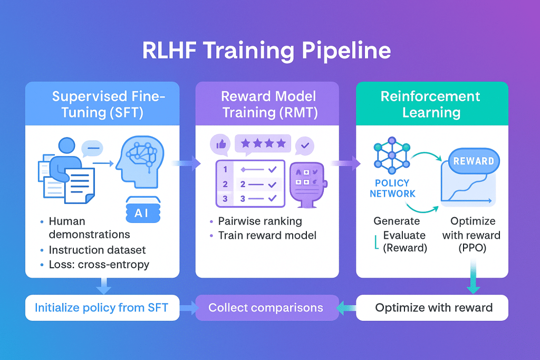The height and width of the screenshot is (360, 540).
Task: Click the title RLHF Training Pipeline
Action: click(x=266, y=51)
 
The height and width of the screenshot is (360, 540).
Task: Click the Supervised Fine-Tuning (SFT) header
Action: click(x=109, y=104)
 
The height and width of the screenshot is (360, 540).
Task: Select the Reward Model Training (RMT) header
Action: click(x=268, y=104)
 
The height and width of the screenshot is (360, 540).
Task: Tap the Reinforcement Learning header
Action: click(x=431, y=104)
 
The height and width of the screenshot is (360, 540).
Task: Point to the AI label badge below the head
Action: click(x=141, y=212)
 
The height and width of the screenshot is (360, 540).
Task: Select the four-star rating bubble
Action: click(x=263, y=143)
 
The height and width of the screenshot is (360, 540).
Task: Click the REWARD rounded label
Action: click(x=474, y=161)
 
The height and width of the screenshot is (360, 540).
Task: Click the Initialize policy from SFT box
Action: click(x=101, y=308)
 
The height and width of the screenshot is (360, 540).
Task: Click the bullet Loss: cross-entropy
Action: click(x=99, y=264)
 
